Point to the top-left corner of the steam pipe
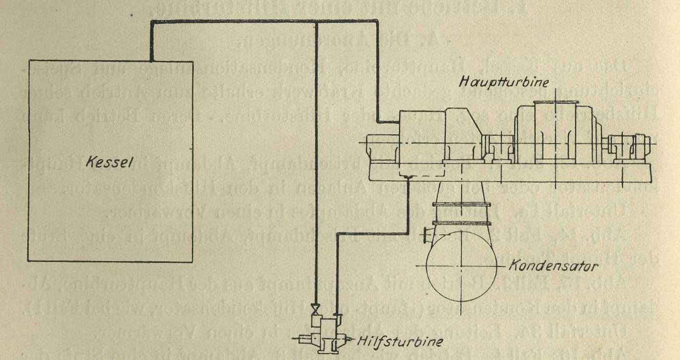coord(151,21)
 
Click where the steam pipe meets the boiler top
coord(151,60)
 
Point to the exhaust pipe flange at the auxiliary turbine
coord(337,315)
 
